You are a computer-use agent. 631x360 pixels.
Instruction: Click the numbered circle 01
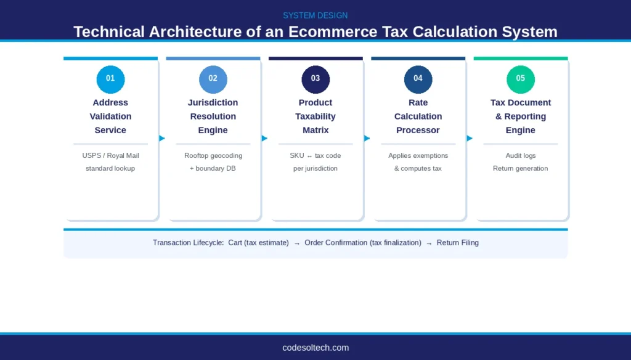[110, 78]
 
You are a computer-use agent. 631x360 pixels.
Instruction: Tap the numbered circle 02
[213, 78]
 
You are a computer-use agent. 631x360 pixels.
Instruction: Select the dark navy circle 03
[315, 78]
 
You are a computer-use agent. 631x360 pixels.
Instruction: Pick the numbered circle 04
[418, 78]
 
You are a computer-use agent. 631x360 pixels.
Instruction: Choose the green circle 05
[520, 78]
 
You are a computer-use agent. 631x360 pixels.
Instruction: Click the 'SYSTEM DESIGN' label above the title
[315, 15]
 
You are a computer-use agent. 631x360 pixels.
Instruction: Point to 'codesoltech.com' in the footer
[315, 348]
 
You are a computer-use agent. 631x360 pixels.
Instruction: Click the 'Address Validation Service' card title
[110, 117]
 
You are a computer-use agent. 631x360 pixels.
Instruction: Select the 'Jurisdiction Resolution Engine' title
[213, 117]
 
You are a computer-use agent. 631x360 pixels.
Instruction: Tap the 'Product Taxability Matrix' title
[315, 117]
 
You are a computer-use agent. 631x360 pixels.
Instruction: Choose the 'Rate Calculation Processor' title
[418, 117]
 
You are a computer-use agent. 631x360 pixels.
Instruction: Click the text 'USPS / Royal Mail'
[110, 155]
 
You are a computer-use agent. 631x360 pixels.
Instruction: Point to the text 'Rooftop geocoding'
[213, 155]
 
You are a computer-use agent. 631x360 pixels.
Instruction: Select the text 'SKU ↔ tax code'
[315, 155]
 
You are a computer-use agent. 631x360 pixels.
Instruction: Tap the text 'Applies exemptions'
[418, 155]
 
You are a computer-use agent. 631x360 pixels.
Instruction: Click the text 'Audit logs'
[520, 155]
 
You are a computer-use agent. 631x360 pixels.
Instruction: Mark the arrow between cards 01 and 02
[162, 138]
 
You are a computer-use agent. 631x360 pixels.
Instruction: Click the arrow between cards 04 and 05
[470, 138]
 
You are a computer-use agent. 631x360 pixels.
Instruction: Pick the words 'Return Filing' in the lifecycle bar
[457, 243]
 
